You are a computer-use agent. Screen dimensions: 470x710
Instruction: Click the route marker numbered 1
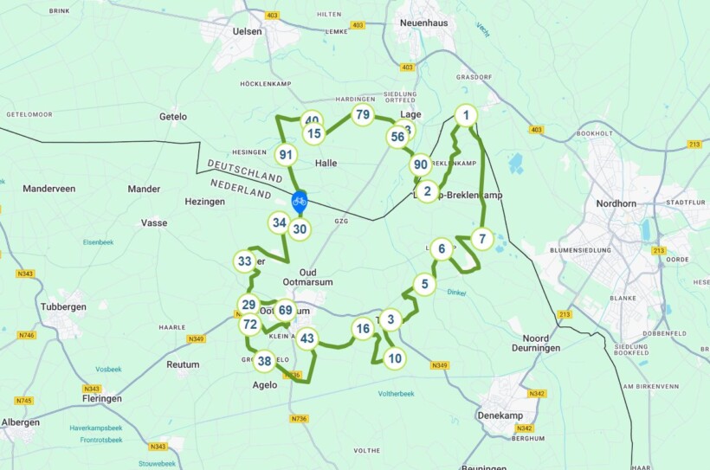tap(466, 116)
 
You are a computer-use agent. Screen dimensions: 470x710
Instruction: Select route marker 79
tap(363, 115)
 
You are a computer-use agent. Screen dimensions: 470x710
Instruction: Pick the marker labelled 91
tap(287, 155)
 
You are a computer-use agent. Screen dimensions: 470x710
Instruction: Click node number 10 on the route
tap(395, 357)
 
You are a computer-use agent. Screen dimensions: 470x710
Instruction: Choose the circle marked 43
tap(307, 338)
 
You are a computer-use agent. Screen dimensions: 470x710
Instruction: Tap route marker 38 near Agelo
tap(265, 361)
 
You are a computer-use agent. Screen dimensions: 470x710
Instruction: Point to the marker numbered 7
tap(482, 239)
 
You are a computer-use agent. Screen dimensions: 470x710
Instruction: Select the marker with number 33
tap(245, 261)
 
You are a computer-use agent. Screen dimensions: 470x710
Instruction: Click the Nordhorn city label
tap(616, 203)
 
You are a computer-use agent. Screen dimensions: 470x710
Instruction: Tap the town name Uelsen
tap(248, 31)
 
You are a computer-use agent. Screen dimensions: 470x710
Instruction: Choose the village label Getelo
tap(173, 117)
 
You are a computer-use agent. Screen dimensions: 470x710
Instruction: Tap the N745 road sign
tap(23, 401)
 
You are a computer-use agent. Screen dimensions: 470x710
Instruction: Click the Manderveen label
tap(49, 188)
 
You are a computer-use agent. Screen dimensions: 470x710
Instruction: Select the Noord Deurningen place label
tap(541, 343)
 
